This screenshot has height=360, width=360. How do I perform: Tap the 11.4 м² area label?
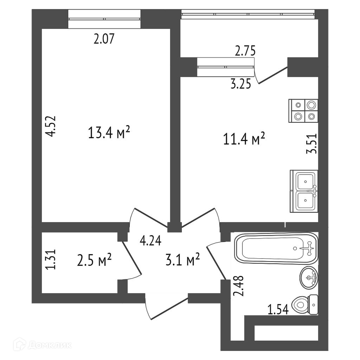tap(244, 139)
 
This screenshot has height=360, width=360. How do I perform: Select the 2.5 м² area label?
tap(94, 261)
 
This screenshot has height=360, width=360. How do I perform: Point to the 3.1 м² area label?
tap(182, 261)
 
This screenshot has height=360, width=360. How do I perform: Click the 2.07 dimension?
tap(104, 39)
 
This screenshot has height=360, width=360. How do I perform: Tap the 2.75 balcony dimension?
tap(245, 51)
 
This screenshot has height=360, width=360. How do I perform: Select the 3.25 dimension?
tap(240, 84)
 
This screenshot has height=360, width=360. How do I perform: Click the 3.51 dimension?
tap(312, 144)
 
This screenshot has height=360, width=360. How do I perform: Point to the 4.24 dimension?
tap(150, 241)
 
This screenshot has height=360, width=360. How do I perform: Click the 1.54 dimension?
tap(278, 309)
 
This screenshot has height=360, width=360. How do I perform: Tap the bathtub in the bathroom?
tap(276, 249)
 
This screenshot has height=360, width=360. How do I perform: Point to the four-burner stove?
tap(303, 110)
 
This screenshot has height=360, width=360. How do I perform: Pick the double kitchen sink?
tap(304, 191)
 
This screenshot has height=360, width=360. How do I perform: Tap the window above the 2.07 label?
tap(104, 19)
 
